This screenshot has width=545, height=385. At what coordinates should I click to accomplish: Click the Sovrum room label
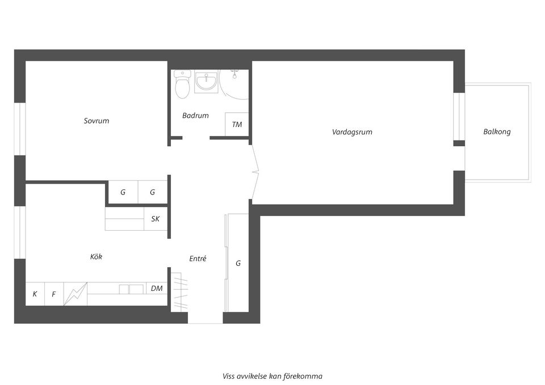click(97, 121)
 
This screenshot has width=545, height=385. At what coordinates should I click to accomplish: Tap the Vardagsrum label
click(352, 132)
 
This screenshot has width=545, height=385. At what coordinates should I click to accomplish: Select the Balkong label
click(497, 132)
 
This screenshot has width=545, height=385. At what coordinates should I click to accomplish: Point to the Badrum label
click(195, 116)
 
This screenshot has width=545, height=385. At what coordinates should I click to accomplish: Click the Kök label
click(97, 257)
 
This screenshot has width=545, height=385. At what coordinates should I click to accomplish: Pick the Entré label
click(198, 259)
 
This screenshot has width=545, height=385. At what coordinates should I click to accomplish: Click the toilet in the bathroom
click(182, 86)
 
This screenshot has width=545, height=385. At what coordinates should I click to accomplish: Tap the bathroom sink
click(206, 83)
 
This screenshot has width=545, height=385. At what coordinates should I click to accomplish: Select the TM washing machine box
click(237, 124)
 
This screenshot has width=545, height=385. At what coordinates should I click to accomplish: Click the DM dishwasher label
click(157, 289)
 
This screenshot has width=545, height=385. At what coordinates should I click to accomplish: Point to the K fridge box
click(35, 294)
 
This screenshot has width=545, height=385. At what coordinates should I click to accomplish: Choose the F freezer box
click(54, 294)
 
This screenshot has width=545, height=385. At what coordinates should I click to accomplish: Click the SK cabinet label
click(155, 218)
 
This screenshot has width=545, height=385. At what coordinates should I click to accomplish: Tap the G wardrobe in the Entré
click(237, 263)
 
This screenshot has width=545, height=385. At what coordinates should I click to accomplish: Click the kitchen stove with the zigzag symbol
click(76, 294)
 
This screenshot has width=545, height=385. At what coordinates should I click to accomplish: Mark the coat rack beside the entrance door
click(179, 291)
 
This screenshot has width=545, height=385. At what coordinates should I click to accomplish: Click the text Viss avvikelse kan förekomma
click(272, 376)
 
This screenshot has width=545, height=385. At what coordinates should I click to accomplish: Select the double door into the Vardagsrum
click(255, 171)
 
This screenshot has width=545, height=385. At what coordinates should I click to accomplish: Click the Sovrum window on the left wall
click(20, 128)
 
